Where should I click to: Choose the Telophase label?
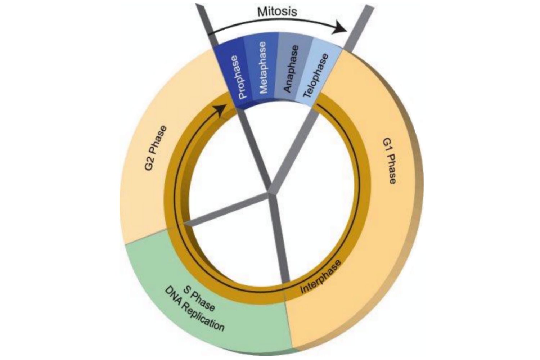click(x=315, y=76)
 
